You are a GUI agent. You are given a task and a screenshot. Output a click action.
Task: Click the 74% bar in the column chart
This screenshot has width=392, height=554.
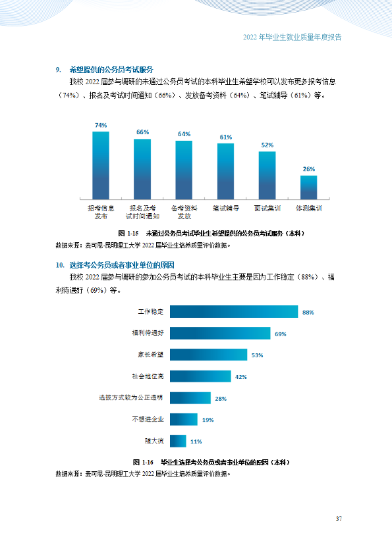[101, 165]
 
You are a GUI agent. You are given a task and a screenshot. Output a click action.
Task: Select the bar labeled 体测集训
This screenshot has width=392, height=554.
[309, 188]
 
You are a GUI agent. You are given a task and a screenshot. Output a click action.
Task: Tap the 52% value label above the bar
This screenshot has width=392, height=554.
[267, 145]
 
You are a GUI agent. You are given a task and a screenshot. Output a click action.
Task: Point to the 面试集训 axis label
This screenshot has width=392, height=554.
[267, 209]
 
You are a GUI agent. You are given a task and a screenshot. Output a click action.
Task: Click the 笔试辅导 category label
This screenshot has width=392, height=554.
[226, 209]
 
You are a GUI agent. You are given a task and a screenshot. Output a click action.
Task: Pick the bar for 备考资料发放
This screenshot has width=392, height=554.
[184, 170]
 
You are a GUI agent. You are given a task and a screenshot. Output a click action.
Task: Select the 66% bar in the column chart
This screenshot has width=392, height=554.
[142, 169]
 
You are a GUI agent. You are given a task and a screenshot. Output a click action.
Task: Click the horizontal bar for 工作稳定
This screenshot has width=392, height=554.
[234, 312]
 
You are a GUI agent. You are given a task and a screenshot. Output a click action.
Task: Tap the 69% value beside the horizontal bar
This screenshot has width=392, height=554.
[281, 334]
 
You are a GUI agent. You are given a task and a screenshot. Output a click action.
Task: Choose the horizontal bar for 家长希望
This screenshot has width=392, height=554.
[208, 355]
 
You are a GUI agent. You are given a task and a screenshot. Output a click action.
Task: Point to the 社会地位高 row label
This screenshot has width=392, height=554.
[148, 376]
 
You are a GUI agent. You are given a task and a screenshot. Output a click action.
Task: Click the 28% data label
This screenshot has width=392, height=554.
[221, 399]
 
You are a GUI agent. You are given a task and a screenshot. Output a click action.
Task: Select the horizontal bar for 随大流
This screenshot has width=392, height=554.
[178, 441]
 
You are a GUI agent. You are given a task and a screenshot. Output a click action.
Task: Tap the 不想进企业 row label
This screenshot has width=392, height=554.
[148, 419]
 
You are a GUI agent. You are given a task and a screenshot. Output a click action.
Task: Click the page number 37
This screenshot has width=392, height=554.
[339, 519]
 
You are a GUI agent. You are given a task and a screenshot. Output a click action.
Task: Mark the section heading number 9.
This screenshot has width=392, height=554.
[59, 70]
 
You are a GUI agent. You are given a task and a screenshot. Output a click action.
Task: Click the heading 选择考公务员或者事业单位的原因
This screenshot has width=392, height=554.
[122, 265]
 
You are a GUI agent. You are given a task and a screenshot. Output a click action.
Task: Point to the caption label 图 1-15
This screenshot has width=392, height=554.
[128, 233]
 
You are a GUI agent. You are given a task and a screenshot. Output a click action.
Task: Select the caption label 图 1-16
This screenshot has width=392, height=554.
[143, 462]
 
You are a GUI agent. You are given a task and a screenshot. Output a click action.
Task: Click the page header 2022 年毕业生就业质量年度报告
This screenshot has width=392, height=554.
[293, 37]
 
